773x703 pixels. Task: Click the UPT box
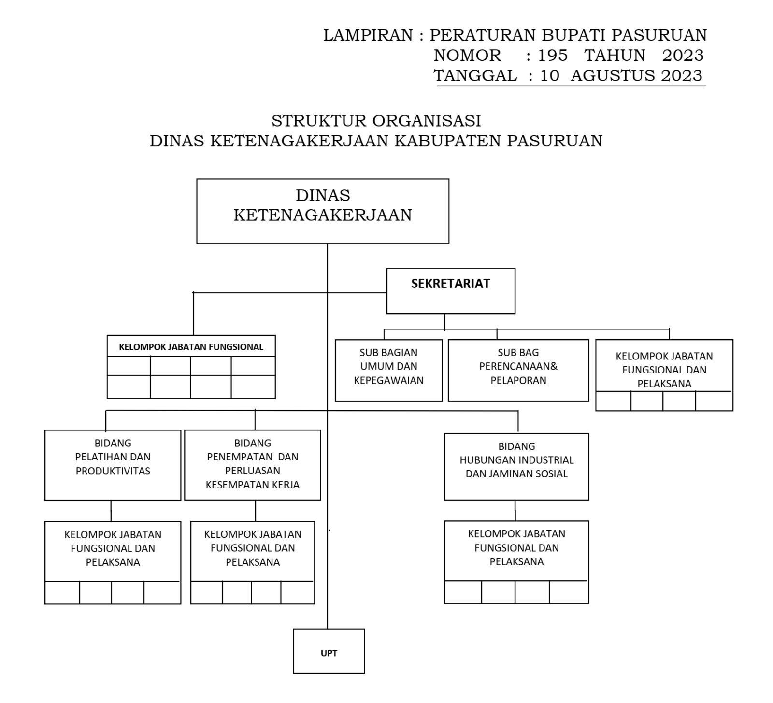pos(329,651)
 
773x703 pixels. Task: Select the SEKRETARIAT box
pos(450,291)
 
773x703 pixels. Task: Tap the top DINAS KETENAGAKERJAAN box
pos(322,211)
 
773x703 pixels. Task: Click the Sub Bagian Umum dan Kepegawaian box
pos(388,370)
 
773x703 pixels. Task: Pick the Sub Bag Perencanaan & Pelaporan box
pos(518,370)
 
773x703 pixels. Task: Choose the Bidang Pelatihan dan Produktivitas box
pos(113,464)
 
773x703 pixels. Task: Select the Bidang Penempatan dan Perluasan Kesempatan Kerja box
pos(252,464)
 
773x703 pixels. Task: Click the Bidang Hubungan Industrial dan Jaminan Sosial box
pos(516,466)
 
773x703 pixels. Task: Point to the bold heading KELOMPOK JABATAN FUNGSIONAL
pos(191,347)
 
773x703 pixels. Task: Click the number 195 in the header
pos(553,56)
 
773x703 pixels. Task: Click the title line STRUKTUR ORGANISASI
pos(376,120)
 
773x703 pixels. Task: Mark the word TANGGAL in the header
pos(475,76)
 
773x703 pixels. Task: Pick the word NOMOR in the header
pos(467,56)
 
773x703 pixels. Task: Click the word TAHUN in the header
pos(615,56)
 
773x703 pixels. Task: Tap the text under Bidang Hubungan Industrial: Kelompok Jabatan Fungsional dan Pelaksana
pos(516,547)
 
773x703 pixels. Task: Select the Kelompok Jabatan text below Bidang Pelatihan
pos(113,548)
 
